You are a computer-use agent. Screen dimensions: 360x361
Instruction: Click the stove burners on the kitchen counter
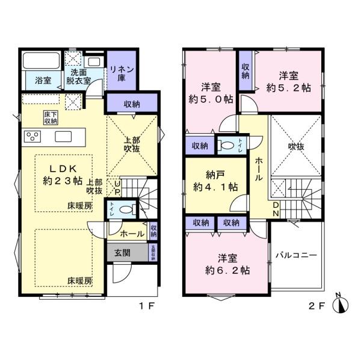tap(31, 137)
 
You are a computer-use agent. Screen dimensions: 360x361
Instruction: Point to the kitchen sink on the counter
tap(63, 137)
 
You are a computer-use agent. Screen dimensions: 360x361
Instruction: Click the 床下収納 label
tap(51, 117)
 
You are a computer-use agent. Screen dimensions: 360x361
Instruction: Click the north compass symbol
tap(342, 304)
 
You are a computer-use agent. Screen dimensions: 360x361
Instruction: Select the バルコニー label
tap(296, 255)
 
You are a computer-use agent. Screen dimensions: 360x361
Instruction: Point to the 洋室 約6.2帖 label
tap(226, 265)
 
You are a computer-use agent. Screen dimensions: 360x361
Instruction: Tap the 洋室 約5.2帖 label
tap(289, 81)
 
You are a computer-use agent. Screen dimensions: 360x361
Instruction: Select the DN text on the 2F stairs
tap(276, 209)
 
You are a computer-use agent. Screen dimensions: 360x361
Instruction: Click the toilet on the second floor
tap(227, 144)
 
